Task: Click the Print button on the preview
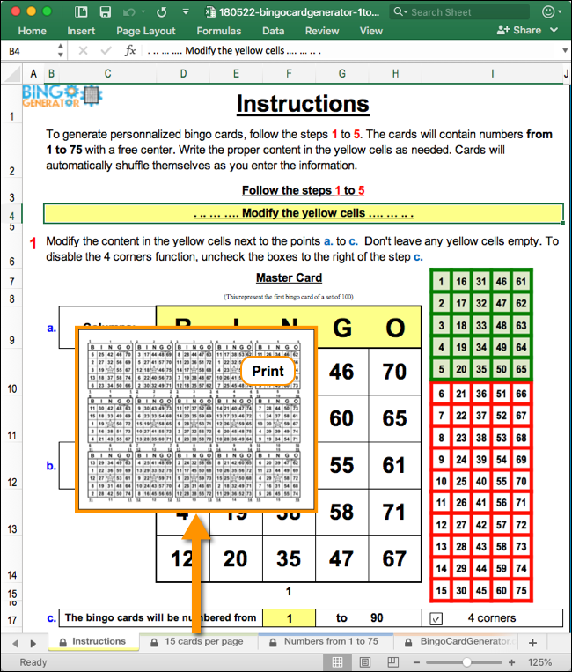pos(268,371)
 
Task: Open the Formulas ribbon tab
pos(219,31)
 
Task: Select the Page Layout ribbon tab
pos(146,31)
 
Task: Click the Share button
pos(519,30)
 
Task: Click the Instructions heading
pos(303,103)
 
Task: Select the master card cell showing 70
pos(394,371)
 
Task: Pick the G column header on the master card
pos(341,329)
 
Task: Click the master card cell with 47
pos(341,558)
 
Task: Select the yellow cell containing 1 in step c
pos(288,618)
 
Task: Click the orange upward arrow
pos(198,564)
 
